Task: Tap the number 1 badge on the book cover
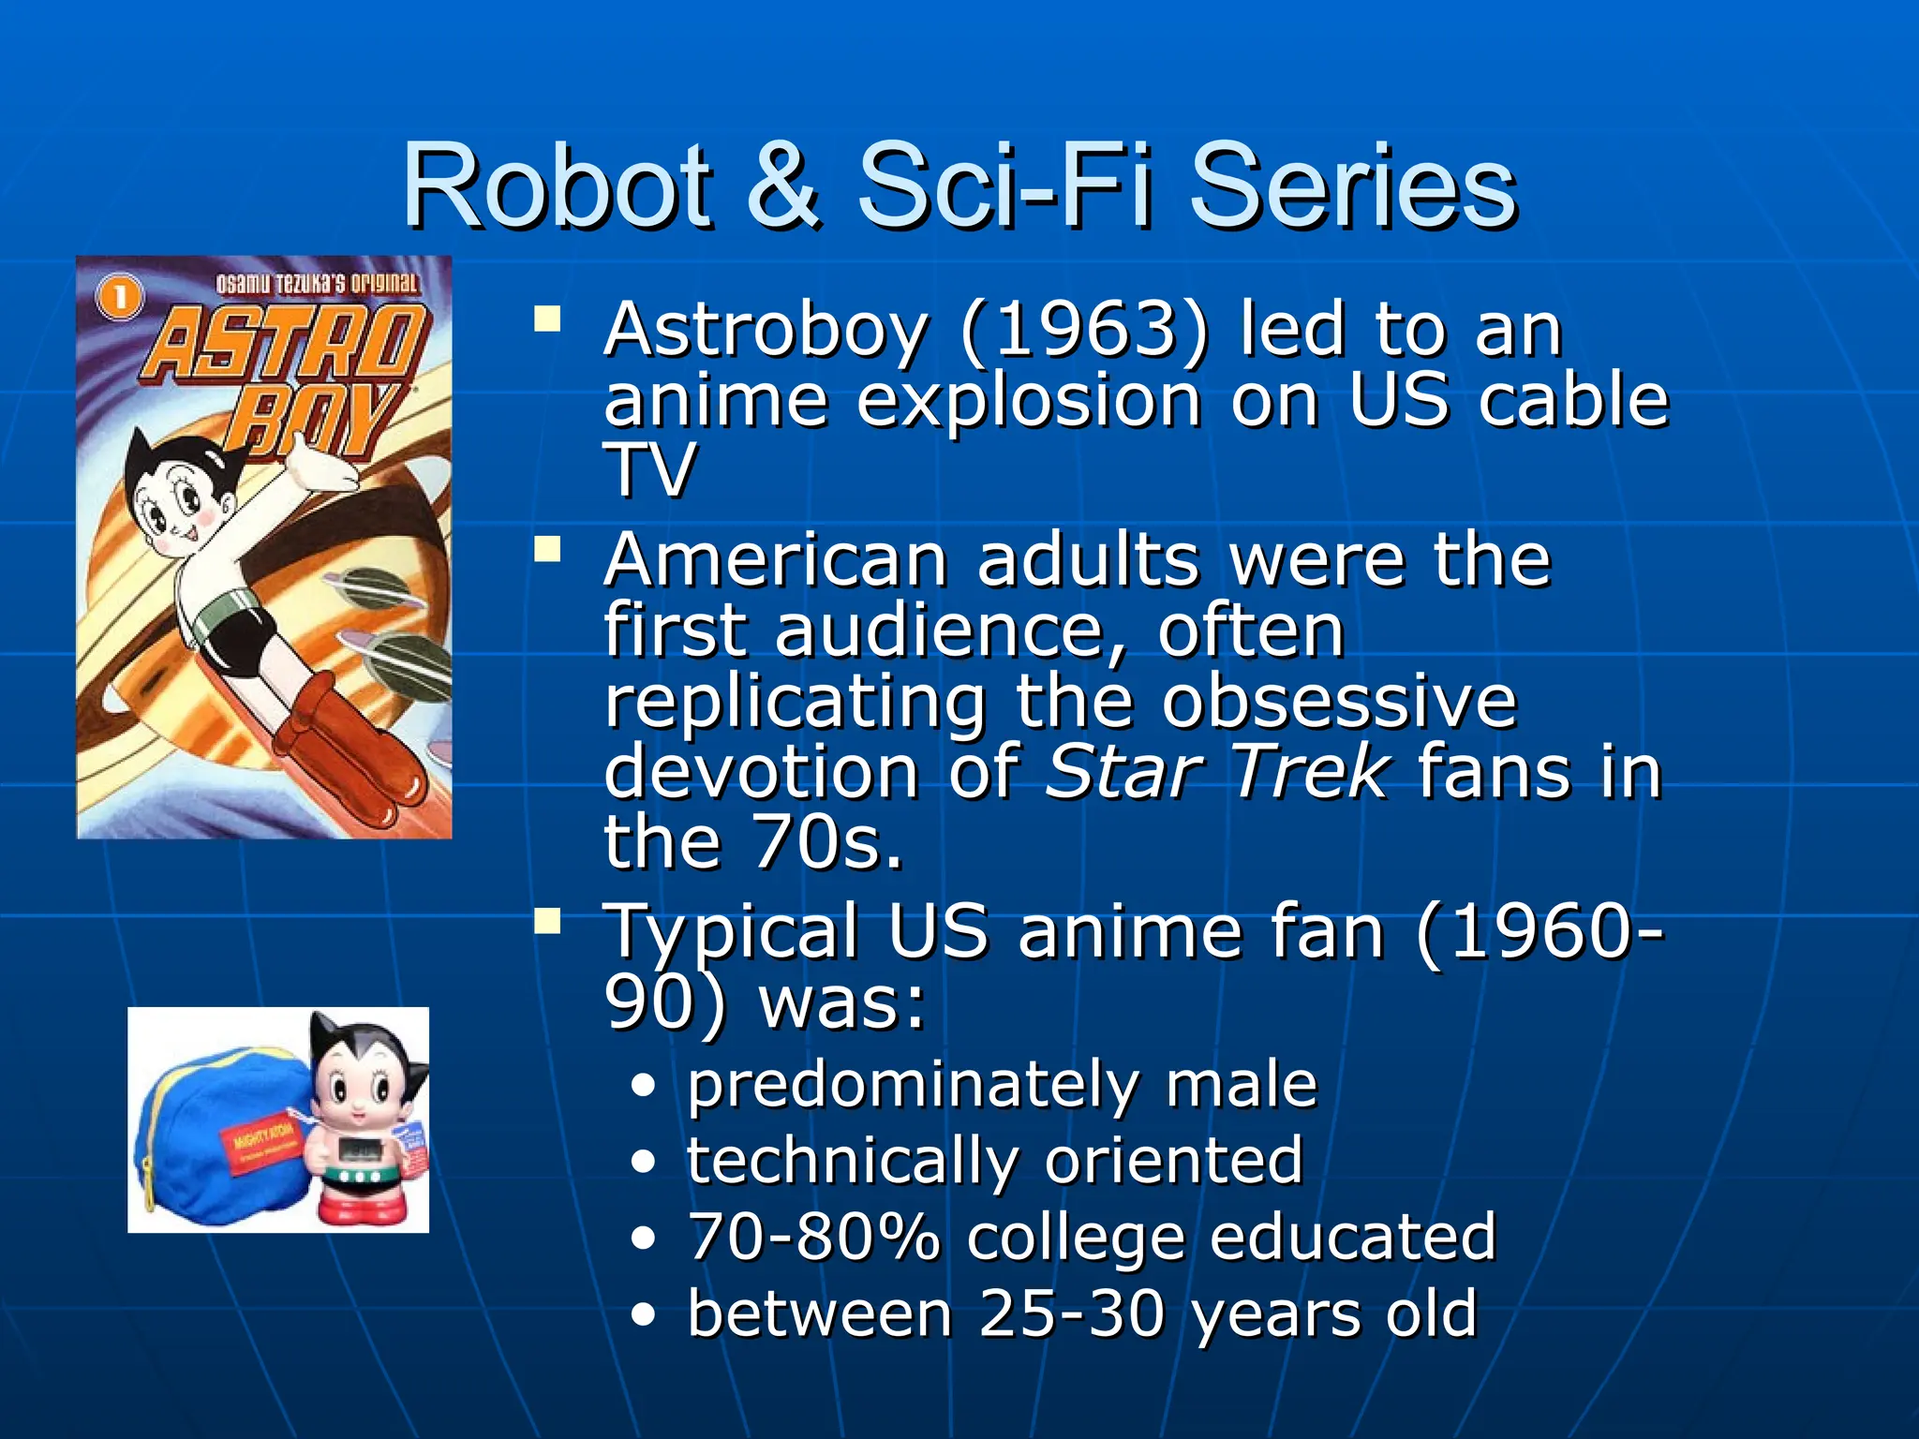tap(120, 299)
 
